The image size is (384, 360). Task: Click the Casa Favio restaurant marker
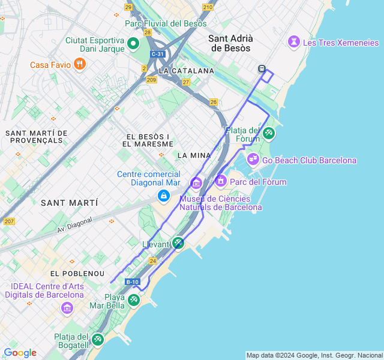coord(80,64)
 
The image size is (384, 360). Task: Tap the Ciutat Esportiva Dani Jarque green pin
coord(133,43)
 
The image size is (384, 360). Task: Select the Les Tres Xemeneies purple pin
coord(294,42)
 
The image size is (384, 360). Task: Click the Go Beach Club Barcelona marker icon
coord(253,159)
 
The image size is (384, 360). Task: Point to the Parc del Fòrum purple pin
coord(221,180)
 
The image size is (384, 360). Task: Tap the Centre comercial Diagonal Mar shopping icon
coord(163,196)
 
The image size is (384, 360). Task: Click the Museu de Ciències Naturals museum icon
coord(196,182)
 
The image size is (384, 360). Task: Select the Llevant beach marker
coord(178,243)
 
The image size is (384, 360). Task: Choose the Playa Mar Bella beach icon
coord(133,299)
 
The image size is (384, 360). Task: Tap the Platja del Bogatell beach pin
coord(98,340)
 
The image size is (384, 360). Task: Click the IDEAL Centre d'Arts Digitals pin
coord(67,308)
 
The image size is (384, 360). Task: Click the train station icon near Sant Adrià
coord(262,68)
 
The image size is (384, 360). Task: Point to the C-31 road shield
coord(158,54)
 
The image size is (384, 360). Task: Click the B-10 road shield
coord(132,281)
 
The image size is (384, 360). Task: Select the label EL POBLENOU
coord(71,273)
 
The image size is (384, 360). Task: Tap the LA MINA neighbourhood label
coord(194,155)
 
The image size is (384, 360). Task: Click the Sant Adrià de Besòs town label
coord(230,43)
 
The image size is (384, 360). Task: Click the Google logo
coord(20,353)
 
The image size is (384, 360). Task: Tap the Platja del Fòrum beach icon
coord(268,133)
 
